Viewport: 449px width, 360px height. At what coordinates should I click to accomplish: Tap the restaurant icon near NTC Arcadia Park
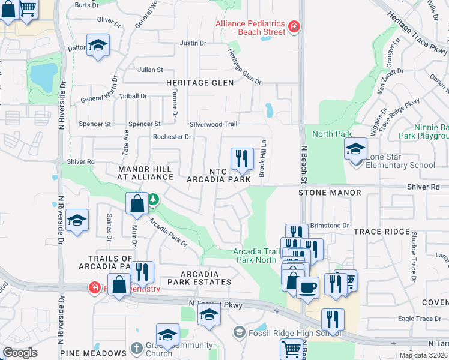(x=242, y=159)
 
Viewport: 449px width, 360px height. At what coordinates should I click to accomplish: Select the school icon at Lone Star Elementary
(x=355, y=149)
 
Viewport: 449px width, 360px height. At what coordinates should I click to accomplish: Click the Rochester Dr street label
(x=172, y=137)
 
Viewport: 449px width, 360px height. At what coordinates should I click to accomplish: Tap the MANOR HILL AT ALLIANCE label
(x=145, y=174)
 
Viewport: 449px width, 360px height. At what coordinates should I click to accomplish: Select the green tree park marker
(x=153, y=199)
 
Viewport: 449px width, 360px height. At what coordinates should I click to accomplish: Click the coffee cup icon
(x=307, y=287)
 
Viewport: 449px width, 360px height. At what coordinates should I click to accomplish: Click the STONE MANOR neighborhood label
(x=330, y=193)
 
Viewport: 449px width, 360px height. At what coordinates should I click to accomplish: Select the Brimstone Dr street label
(x=330, y=225)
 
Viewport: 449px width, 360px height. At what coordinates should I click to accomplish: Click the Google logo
(x=20, y=352)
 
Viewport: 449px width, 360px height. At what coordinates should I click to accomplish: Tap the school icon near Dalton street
(x=98, y=46)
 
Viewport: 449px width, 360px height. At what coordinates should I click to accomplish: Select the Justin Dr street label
(x=193, y=43)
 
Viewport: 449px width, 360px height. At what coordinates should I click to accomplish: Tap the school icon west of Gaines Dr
(x=77, y=221)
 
